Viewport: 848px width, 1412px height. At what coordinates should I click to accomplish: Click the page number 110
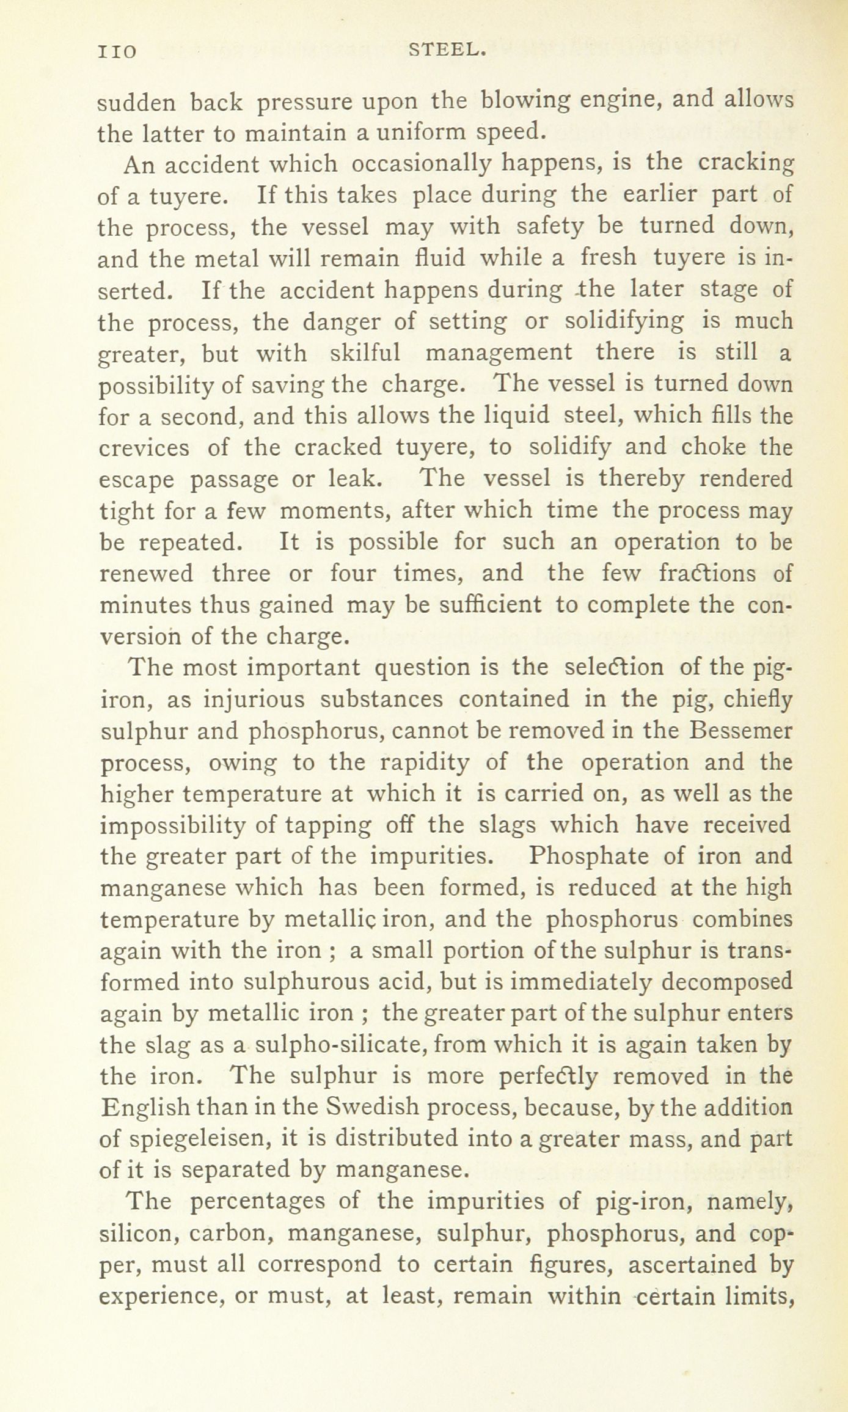tap(117, 52)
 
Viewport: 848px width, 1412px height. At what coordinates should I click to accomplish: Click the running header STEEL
tap(447, 51)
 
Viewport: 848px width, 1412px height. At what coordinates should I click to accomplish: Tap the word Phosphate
tap(589, 857)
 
